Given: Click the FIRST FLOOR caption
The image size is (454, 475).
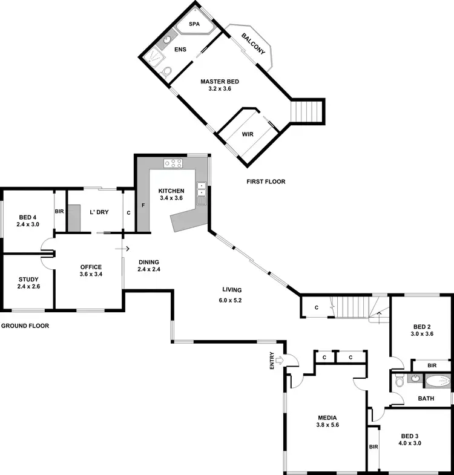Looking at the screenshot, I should click(x=266, y=182).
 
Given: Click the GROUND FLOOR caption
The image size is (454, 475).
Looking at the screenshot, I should click(x=25, y=326).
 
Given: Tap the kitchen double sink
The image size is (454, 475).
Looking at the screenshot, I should click(x=201, y=189).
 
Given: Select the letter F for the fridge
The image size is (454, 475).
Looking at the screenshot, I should click(x=143, y=206).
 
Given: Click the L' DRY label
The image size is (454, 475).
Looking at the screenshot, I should click(x=98, y=212).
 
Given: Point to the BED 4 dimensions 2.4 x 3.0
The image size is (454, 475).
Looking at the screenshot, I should click(x=28, y=224).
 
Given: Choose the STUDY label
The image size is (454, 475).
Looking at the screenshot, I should click(x=28, y=279).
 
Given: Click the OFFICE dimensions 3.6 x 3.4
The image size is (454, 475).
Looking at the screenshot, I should click(x=90, y=274).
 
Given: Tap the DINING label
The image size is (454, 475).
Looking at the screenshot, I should click(x=149, y=262).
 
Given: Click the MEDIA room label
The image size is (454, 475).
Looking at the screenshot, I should click(x=327, y=418).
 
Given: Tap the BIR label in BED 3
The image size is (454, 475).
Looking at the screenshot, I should click(x=373, y=447).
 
